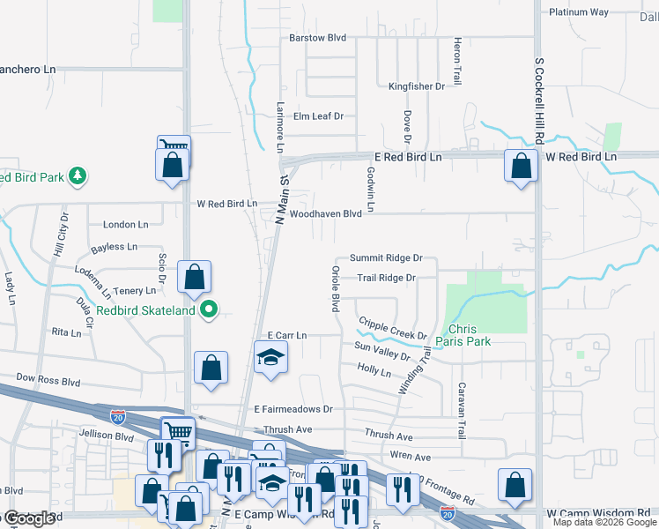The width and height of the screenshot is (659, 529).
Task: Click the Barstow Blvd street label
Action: (x=317, y=38)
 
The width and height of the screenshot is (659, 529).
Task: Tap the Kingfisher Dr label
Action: (x=417, y=86)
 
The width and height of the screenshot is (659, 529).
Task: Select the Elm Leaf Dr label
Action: (x=318, y=116)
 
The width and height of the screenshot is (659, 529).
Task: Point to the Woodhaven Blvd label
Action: (x=326, y=214)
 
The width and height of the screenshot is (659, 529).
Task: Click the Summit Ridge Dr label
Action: (x=386, y=258)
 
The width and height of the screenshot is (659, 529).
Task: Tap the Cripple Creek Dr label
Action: (x=392, y=329)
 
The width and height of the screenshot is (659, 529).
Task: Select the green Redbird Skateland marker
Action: (x=209, y=309)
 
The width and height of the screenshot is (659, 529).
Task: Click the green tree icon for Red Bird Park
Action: (x=78, y=176)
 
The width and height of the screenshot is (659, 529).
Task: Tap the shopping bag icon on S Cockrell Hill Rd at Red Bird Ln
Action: (x=522, y=165)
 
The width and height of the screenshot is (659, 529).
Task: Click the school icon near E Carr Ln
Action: (x=270, y=357)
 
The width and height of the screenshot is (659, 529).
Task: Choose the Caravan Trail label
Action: (x=460, y=410)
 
